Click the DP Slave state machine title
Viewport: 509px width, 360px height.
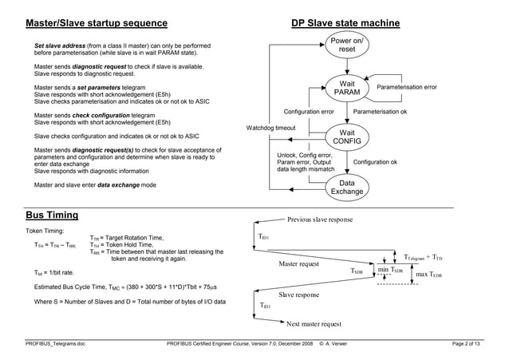click(345, 23)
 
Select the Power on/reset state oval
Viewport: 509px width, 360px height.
click(347, 45)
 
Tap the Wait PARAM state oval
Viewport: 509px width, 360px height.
click(347, 88)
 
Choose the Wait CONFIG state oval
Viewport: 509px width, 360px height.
click(347, 137)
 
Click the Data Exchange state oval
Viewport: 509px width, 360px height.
click(347, 188)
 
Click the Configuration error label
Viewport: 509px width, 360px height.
click(309, 112)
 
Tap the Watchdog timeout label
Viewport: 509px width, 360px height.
click(270, 128)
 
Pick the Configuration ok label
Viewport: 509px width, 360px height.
click(375, 162)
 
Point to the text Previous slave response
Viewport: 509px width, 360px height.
click(320, 220)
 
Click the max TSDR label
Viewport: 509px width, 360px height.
click(430, 275)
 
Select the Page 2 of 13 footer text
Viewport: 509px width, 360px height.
click(466, 343)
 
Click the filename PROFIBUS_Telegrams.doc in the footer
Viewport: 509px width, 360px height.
click(55, 343)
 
